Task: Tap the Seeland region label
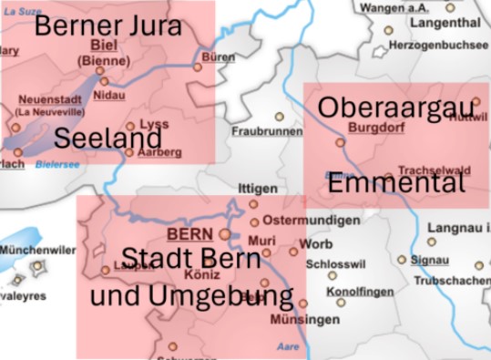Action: (108, 139)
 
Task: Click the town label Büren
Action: (218, 57)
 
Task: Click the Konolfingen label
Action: (360, 291)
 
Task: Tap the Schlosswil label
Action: (336, 263)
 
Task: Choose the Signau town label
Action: (429, 260)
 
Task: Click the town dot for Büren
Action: (198, 67)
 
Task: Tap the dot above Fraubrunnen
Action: (280, 117)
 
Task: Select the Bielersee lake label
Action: (57, 165)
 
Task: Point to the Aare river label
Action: (287, 347)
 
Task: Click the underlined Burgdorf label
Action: (374, 128)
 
